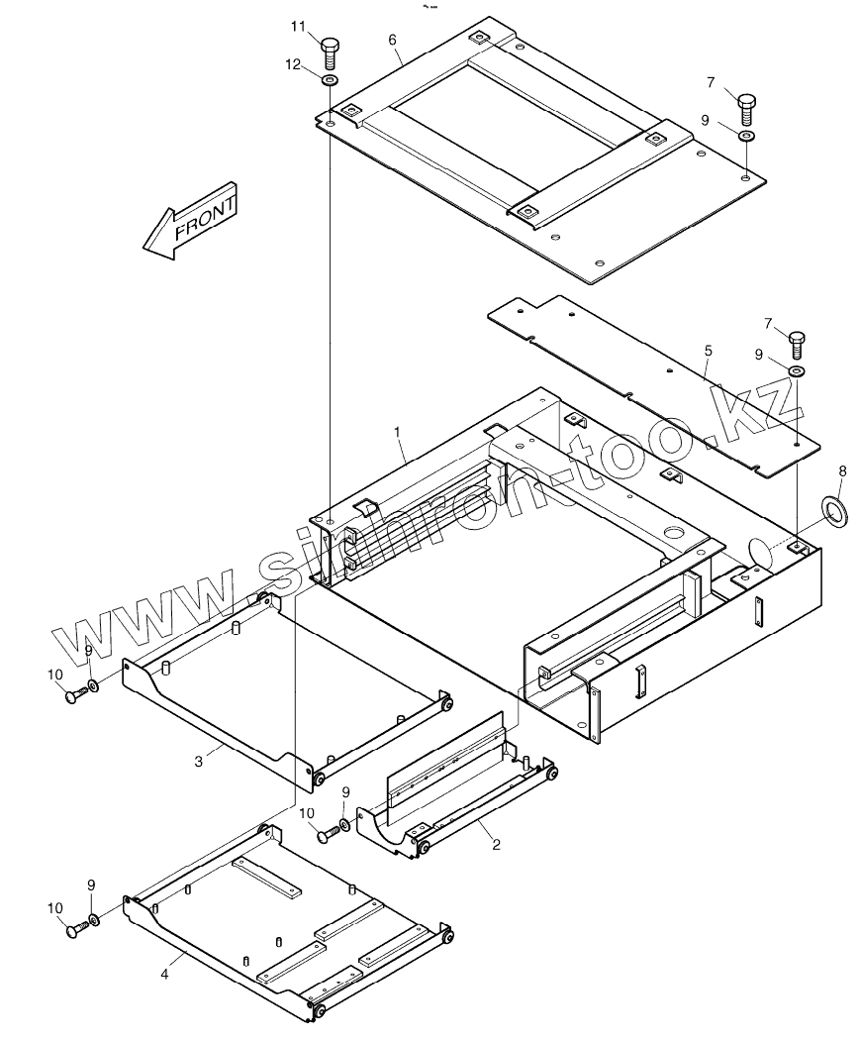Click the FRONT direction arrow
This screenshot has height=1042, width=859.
190,222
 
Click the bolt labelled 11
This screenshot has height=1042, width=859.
331,50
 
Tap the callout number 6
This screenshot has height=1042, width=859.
392,39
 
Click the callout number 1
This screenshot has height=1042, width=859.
397,432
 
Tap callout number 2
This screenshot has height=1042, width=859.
496,844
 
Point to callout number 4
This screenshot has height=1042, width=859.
164,974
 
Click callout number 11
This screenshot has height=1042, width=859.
298,26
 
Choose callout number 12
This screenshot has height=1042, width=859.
293,65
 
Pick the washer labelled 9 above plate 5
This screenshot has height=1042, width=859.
797,371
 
